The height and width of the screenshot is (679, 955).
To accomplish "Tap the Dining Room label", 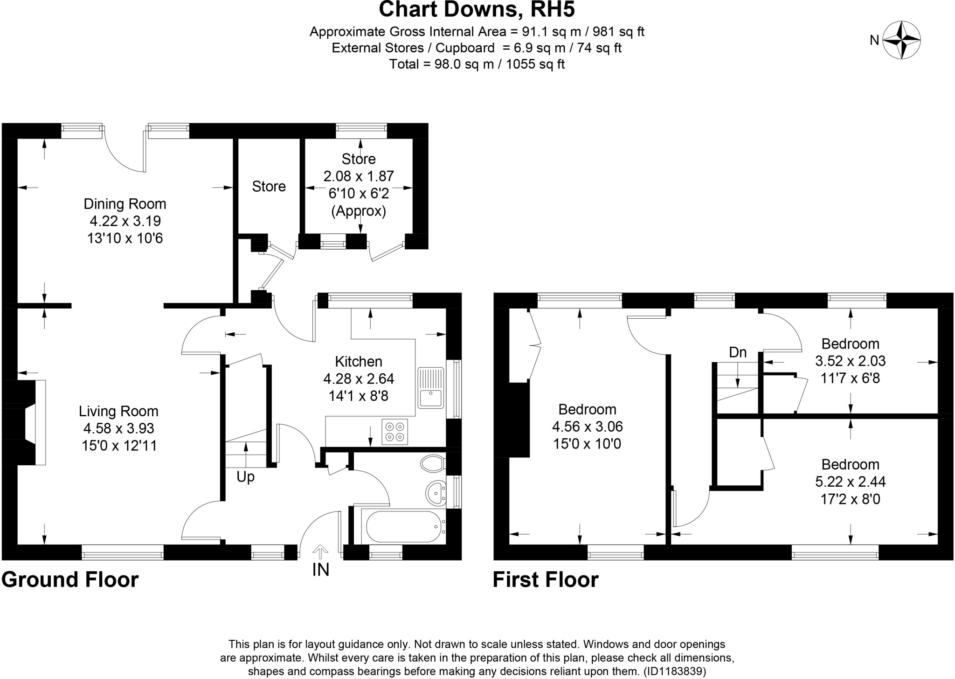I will click(x=125, y=204).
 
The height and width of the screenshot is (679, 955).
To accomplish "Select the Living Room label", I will click(x=118, y=411).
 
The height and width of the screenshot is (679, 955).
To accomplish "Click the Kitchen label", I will click(x=359, y=362).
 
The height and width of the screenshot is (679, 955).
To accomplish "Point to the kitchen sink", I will click(x=430, y=388).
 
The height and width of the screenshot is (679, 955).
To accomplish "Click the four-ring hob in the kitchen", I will click(x=394, y=432).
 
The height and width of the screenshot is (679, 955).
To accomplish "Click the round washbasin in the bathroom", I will click(x=436, y=492).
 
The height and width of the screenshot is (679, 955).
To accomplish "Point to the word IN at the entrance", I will click(x=320, y=570).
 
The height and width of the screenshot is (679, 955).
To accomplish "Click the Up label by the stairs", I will click(x=245, y=477).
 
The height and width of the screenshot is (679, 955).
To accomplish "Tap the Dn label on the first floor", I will click(x=738, y=352).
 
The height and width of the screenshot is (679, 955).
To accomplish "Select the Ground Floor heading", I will click(x=70, y=580).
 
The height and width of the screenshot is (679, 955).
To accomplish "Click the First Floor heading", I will click(x=546, y=580).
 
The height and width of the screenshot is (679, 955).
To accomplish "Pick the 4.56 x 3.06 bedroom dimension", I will click(x=588, y=427).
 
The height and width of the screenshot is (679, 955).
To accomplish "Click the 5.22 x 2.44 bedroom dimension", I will click(x=850, y=482).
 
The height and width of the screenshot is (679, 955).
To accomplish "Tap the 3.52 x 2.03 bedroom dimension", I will click(x=850, y=361).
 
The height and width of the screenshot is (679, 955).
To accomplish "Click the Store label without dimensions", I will click(x=269, y=187).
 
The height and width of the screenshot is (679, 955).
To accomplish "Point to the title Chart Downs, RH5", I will click(x=477, y=9).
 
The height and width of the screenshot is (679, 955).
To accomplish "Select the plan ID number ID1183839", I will click(x=675, y=671).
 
